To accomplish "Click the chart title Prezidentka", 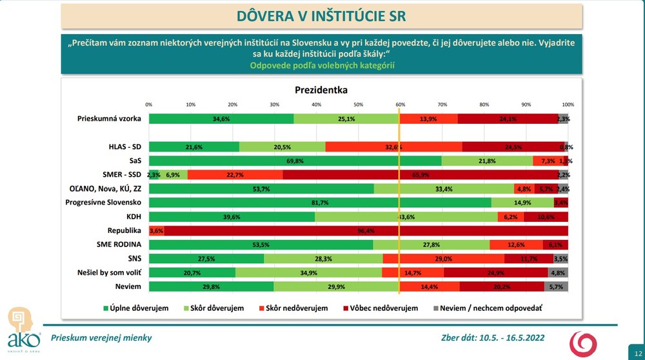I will pyautogui.click(x=321, y=90).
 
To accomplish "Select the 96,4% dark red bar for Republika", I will pyautogui.click(x=366, y=230).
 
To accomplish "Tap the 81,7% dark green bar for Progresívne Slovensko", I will pyautogui.click(x=339, y=203).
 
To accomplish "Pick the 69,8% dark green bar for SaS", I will pyautogui.click(x=295, y=160).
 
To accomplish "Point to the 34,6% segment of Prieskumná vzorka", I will pyautogui.click(x=221, y=119).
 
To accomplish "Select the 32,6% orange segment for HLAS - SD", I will pyautogui.click(x=393, y=146).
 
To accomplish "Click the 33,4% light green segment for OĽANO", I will pyautogui.click(x=444, y=188).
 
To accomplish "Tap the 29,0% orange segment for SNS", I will pyautogui.click(x=444, y=259).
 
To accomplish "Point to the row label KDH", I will pyautogui.click(x=133, y=217).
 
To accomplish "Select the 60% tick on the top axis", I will pyautogui.click(x=400, y=104).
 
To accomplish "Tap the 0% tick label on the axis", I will pyautogui.click(x=149, y=104).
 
